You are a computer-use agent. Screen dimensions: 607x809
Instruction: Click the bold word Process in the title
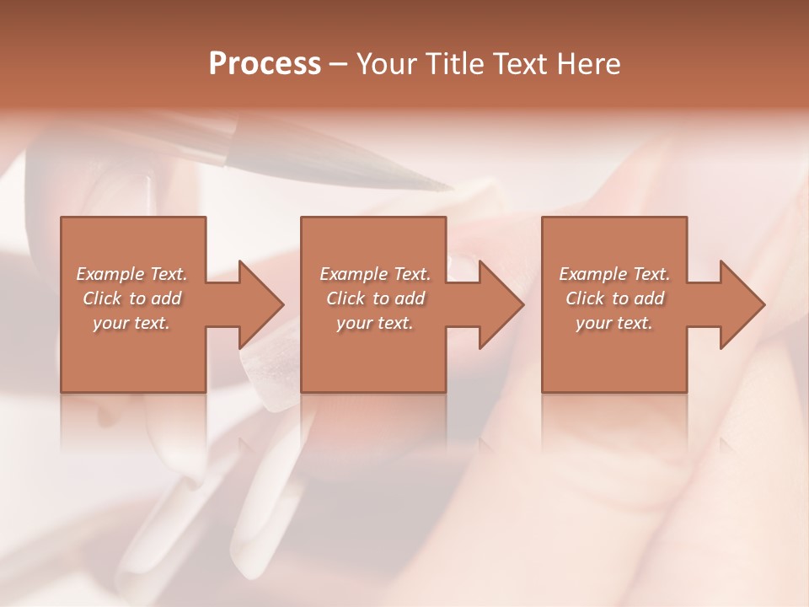tap(265, 64)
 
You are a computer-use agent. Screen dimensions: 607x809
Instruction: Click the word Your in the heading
tap(387, 64)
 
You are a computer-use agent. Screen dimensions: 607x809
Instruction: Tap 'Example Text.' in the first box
tap(131, 274)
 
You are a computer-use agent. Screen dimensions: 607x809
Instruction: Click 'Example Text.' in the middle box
tap(375, 274)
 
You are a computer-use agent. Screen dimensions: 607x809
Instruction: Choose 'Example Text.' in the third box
tap(614, 274)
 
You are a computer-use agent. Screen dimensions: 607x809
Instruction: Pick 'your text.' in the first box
tap(131, 322)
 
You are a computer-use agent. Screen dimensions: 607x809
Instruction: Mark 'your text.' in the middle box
tap(375, 322)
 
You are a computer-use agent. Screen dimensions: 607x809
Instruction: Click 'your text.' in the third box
tap(614, 322)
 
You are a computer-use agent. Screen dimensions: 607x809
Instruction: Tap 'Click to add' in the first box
tap(131, 298)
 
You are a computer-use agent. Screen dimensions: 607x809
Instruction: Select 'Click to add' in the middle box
tap(375, 298)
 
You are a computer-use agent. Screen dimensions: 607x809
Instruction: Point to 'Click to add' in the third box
tap(614, 298)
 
